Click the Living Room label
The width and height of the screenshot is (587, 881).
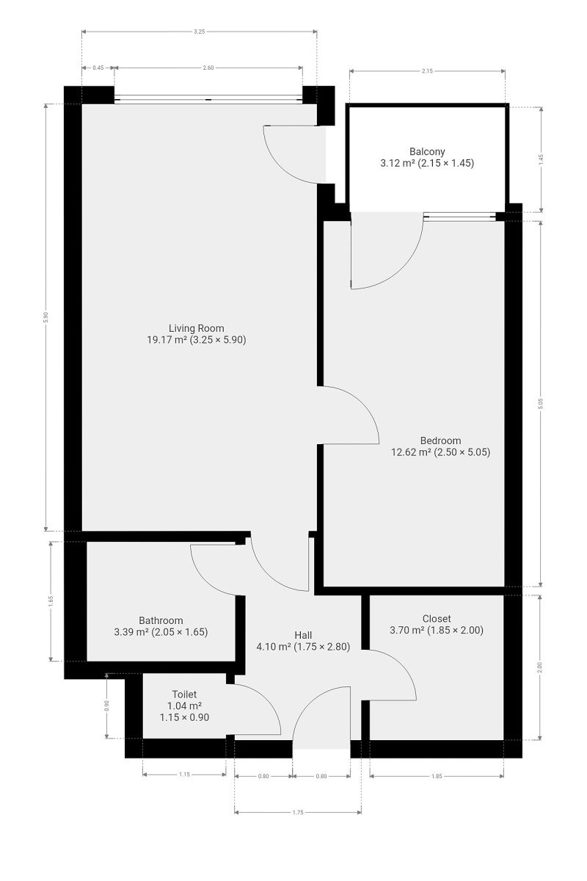pos(196,328)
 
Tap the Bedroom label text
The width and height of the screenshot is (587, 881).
pos(440,440)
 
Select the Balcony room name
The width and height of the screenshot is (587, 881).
pos(427,151)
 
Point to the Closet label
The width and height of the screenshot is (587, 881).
pos(437,619)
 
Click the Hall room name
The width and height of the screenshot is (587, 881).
pos(303,635)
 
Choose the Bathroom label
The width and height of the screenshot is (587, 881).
pos(161,620)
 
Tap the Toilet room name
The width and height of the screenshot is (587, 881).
pos(184,695)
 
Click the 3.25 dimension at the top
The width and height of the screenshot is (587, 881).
pos(200,32)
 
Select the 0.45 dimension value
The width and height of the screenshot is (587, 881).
pos(98,68)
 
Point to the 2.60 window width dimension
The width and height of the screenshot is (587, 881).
pos(208,68)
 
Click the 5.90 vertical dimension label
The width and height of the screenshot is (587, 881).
pos(46,317)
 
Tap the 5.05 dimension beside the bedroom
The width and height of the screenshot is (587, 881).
pos(541,404)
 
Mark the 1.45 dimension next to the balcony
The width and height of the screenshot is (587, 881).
pos(541,159)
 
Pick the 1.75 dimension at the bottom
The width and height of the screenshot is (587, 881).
pos(298,812)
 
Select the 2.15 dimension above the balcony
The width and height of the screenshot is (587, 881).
pos(427,71)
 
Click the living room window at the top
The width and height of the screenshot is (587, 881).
pos(208,99)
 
